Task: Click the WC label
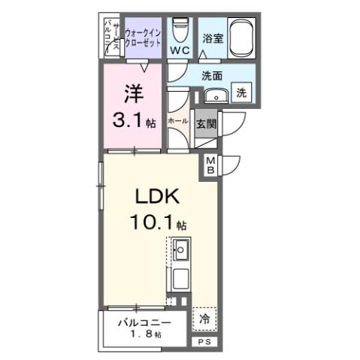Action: pyautogui.click(x=178, y=50)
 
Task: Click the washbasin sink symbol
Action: pyautogui.click(x=217, y=95)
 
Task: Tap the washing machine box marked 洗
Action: pyautogui.click(x=241, y=93)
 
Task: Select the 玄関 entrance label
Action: pyautogui.click(x=206, y=124)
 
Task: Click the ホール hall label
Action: pyautogui.click(x=177, y=120)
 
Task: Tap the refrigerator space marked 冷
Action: pyautogui.click(x=204, y=319)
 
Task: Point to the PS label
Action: pyautogui.click(x=204, y=342)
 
